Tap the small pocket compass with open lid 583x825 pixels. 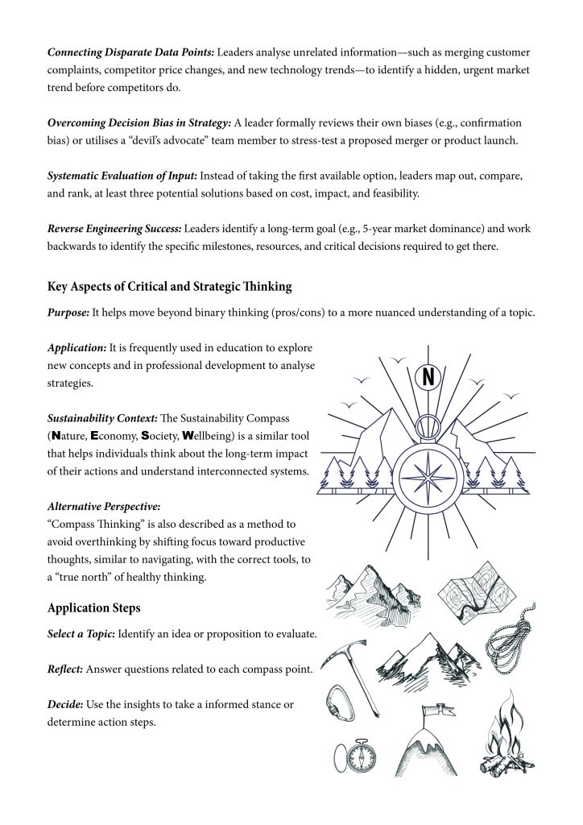click(355, 755)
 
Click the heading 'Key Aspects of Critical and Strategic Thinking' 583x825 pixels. click(169, 285)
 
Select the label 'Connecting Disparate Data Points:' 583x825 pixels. click(130, 52)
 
